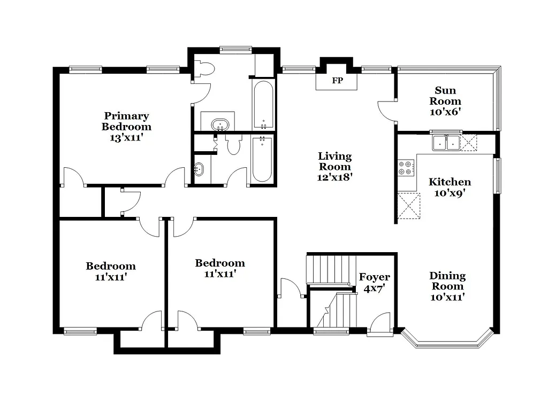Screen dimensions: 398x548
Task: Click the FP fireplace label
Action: click(337, 81)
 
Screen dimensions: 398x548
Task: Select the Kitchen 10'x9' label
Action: click(450, 188)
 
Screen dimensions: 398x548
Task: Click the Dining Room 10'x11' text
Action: click(447, 286)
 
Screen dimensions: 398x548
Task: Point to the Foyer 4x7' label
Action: click(374, 283)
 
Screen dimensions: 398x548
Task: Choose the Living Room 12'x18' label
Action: click(335, 166)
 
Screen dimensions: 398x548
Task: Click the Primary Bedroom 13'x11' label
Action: click(126, 126)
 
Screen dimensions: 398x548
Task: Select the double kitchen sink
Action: click(446, 143)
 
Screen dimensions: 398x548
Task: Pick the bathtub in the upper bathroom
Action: click(263, 104)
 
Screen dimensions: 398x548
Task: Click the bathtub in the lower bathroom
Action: click(262, 159)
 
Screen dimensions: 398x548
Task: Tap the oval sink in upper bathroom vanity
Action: click(219, 126)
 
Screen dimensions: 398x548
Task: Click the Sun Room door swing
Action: click(385, 110)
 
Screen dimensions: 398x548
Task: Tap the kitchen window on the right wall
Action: click(497, 175)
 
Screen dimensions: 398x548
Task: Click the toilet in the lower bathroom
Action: click(234, 145)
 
